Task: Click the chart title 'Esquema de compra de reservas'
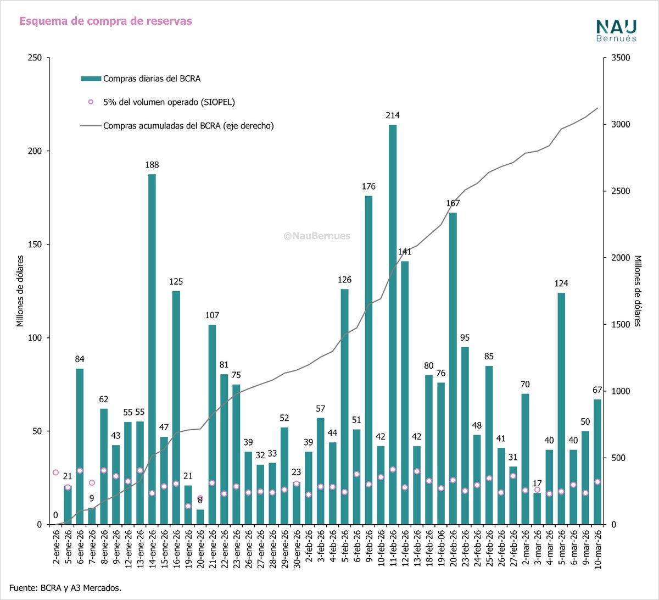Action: pyautogui.click(x=105, y=21)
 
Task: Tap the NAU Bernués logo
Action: pyautogui.click(x=616, y=31)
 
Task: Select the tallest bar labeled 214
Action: pyautogui.click(x=393, y=324)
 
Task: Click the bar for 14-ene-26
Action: pyautogui.click(x=152, y=349)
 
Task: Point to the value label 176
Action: pyautogui.click(x=368, y=187)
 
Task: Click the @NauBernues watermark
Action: pyautogui.click(x=317, y=236)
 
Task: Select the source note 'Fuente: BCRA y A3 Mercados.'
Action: pyautogui.click(x=65, y=588)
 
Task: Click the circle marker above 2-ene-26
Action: pyautogui.click(x=55, y=473)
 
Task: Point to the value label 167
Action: pyautogui.click(x=453, y=203)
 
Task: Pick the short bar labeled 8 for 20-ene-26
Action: pyautogui.click(x=200, y=517)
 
